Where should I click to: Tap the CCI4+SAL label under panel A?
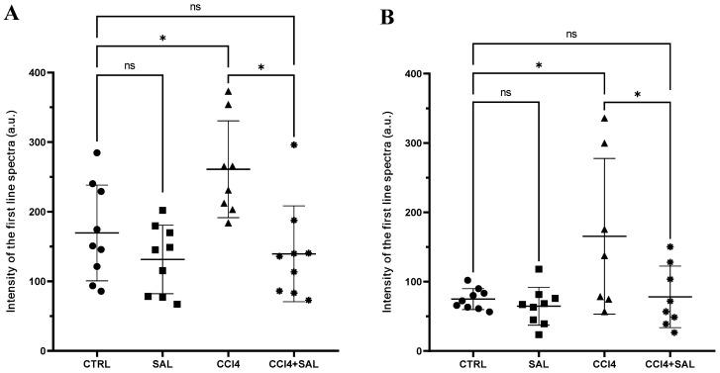[x=294, y=363]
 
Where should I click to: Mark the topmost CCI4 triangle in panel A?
[x=228, y=92]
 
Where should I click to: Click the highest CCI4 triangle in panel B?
[x=604, y=119]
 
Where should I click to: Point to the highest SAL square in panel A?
[x=162, y=211]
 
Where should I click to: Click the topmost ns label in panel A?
[x=194, y=6]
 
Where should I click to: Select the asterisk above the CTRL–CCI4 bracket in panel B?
[x=539, y=67]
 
